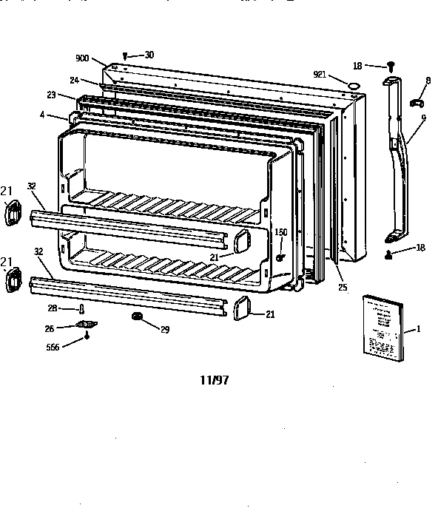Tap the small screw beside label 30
(127, 55)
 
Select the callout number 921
(320, 75)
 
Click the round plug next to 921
(355, 86)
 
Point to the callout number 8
(427, 80)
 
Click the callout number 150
(281, 232)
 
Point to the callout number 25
(341, 287)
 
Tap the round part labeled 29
(137, 317)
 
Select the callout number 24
(75, 80)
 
